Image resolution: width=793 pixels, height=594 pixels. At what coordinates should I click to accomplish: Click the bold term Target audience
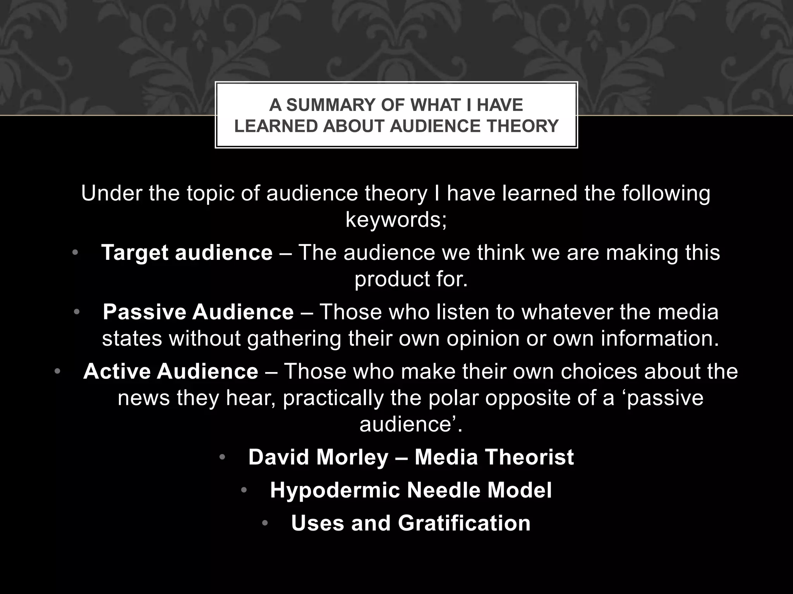[x=187, y=253]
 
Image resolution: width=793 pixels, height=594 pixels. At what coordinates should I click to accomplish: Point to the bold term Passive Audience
[x=198, y=312]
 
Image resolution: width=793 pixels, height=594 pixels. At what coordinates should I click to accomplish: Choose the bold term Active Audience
[x=171, y=371]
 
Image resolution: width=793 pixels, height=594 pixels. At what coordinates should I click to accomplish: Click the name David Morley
[x=318, y=457]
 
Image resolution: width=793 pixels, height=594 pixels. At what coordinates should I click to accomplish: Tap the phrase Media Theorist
[x=494, y=457]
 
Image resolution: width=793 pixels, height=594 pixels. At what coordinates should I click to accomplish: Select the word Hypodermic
[x=335, y=490]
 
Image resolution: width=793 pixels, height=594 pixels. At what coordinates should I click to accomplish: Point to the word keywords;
[x=396, y=220]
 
